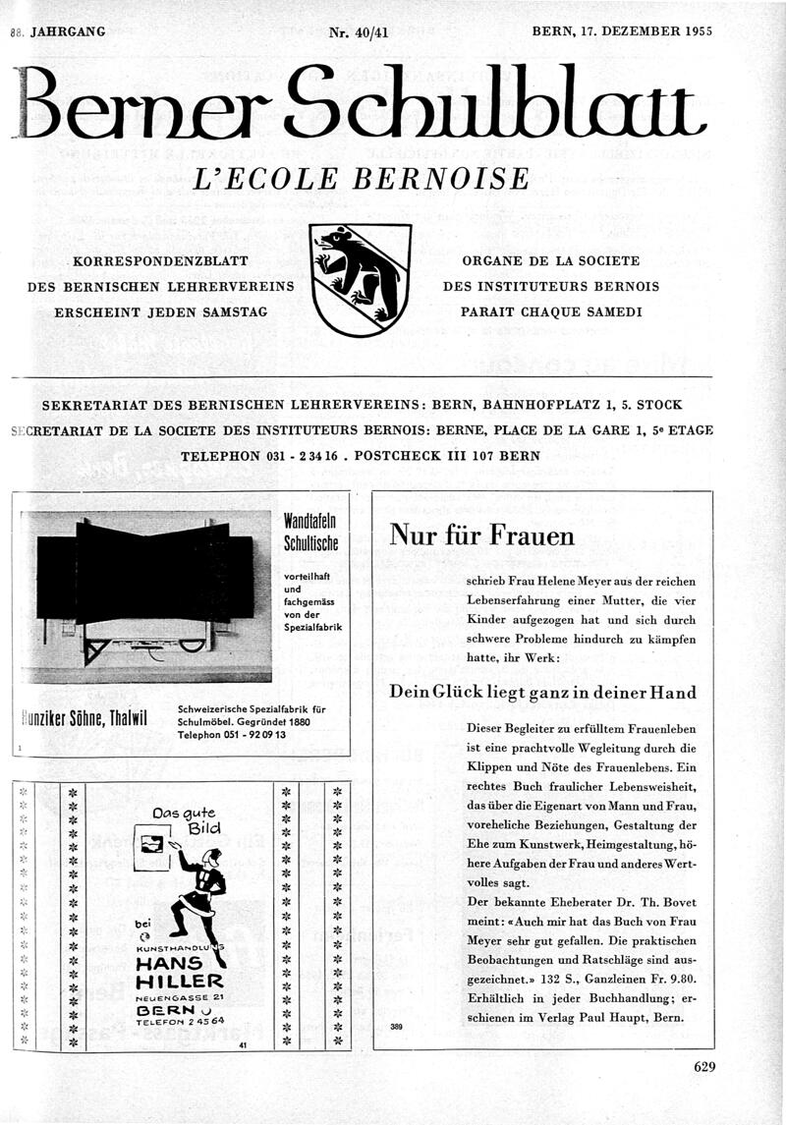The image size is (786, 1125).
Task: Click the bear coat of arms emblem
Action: coord(361,279)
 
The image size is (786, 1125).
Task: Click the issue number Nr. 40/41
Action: coord(359,31)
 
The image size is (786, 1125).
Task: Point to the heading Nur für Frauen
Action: coord(481,535)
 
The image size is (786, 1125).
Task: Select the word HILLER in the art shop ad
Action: coord(181,982)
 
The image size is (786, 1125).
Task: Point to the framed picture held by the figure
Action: coord(151,845)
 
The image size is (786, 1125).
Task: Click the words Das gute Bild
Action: coord(187,819)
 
